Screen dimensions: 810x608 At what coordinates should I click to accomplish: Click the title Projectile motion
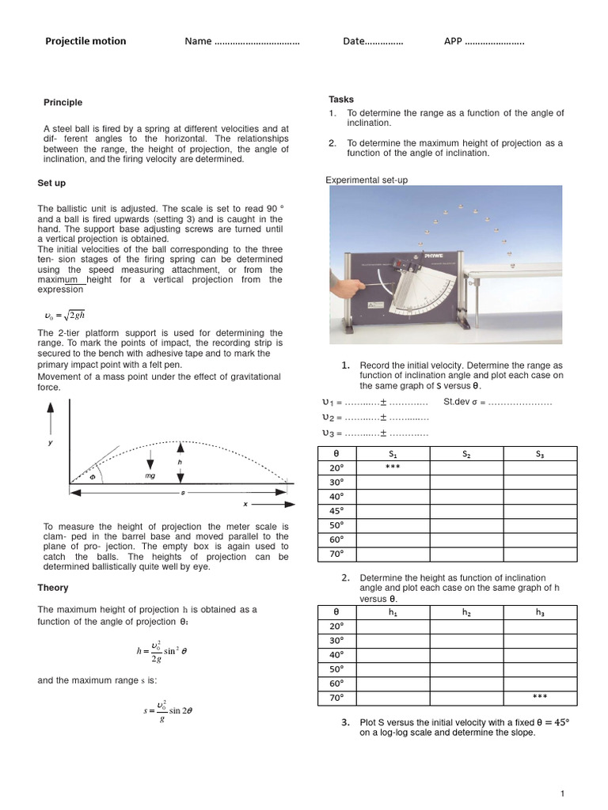[x=85, y=41]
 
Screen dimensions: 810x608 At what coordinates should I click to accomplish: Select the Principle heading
[x=63, y=103]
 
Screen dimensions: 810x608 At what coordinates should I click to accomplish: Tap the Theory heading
[x=53, y=588]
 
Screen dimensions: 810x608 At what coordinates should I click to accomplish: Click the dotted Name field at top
[x=256, y=42]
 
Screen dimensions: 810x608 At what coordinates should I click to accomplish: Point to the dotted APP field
[x=494, y=42]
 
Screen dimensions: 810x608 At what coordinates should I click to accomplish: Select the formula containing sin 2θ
[x=168, y=710]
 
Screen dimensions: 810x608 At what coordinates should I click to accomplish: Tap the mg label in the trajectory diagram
[x=150, y=477]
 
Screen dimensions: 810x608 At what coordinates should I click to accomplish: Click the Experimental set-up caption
[x=367, y=180]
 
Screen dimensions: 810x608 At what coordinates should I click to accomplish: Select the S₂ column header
[x=466, y=454]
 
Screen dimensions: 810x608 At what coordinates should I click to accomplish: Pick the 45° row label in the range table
[x=337, y=511]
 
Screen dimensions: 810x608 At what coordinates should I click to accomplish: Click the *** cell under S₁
[x=393, y=468]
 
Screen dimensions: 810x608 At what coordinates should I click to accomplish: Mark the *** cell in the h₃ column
[x=540, y=697]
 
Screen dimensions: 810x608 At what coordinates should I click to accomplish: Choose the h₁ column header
[x=393, y=612]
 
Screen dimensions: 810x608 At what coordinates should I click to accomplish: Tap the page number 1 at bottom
[x=561, y=793]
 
